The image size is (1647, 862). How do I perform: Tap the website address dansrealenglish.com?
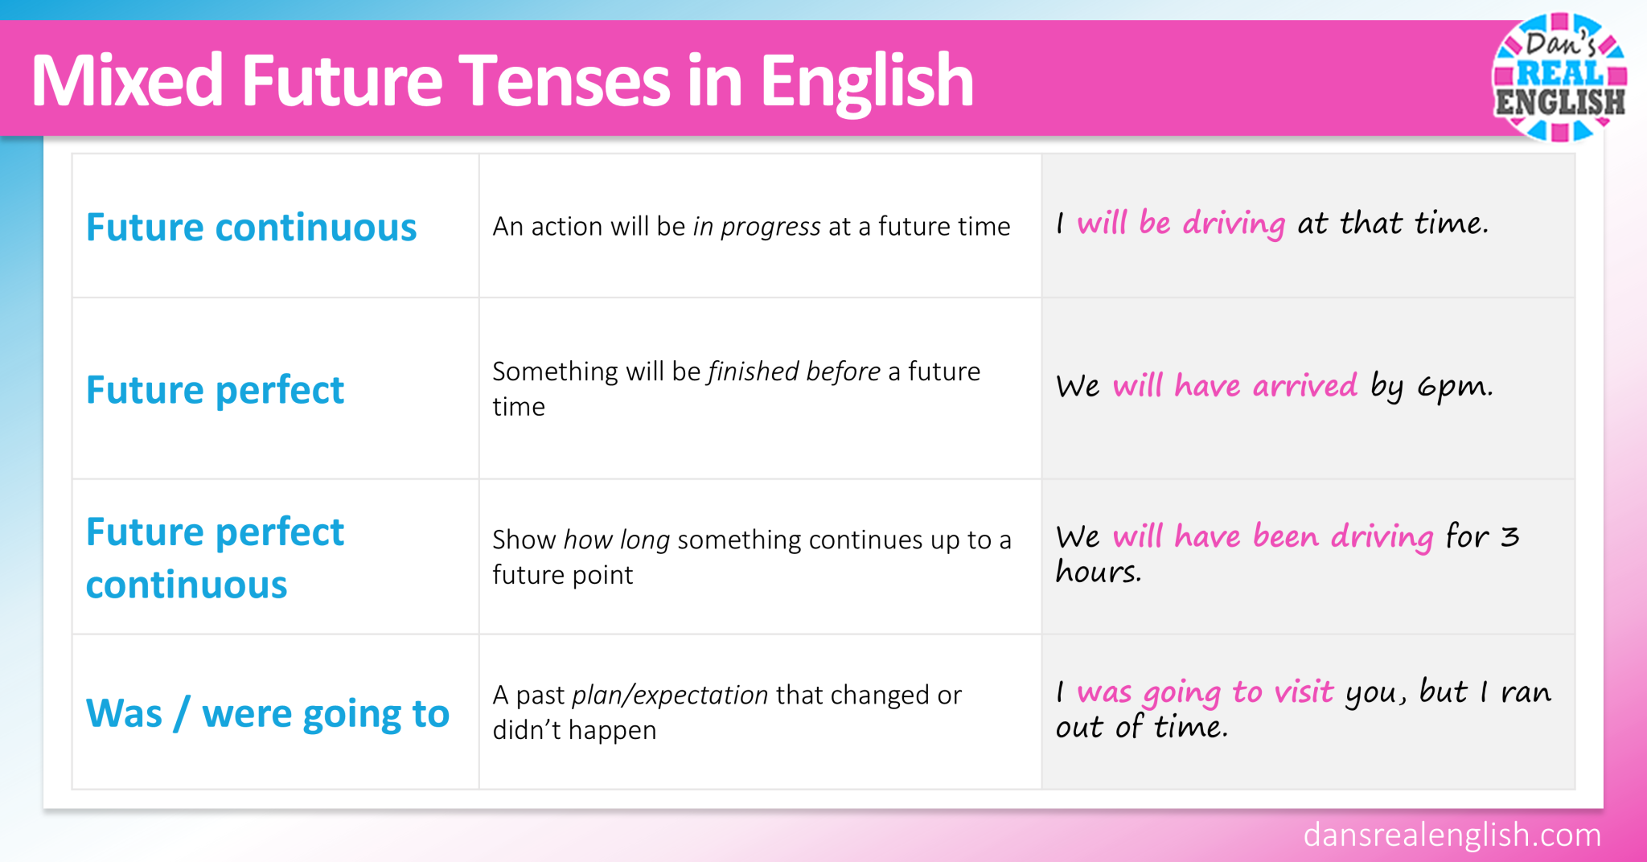click(x=1452, y=835)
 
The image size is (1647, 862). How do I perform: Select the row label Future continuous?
click(x=251, y=228)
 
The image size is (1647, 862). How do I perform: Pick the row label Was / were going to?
click(x=267, y=713)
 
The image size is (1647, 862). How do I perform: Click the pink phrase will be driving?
click(x=1181, y=224)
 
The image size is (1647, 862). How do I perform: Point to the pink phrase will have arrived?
click(x=1234, y=387)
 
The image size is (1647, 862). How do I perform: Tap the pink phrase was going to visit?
click(x=1205, y=692)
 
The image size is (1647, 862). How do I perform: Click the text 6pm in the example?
click(x=1454, y=388)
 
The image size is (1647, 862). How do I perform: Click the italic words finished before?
click(x=794, y=371)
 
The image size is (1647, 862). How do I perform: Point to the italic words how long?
click(x=617, y=540)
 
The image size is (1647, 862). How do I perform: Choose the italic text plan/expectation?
click(x=670, y=695)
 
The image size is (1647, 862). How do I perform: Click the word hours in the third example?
click(x=1098, y=573)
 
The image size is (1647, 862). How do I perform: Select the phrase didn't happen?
click(x=574, y=730)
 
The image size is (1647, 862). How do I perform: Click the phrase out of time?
click(x=1141, y=728)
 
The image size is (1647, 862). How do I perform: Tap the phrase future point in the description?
click(x=562, y=575)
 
